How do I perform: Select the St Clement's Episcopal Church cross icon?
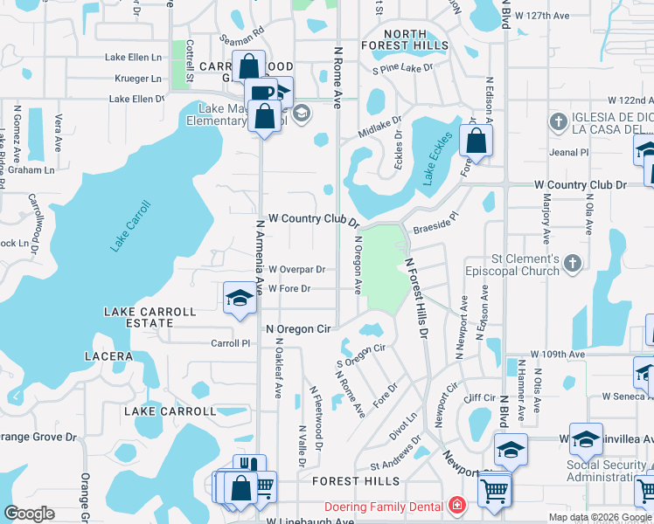[573, 263]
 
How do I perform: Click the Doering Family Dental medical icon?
[456, 506]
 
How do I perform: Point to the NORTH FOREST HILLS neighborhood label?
[406, 40]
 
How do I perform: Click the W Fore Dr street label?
[290, 288]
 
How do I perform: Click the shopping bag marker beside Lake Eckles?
[477, 141]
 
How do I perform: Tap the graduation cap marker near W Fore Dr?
[239, 299]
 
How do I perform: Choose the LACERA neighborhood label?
[108, 356]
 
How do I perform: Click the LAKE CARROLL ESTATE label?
[139, 317]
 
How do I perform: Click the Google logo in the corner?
[29, 514]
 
